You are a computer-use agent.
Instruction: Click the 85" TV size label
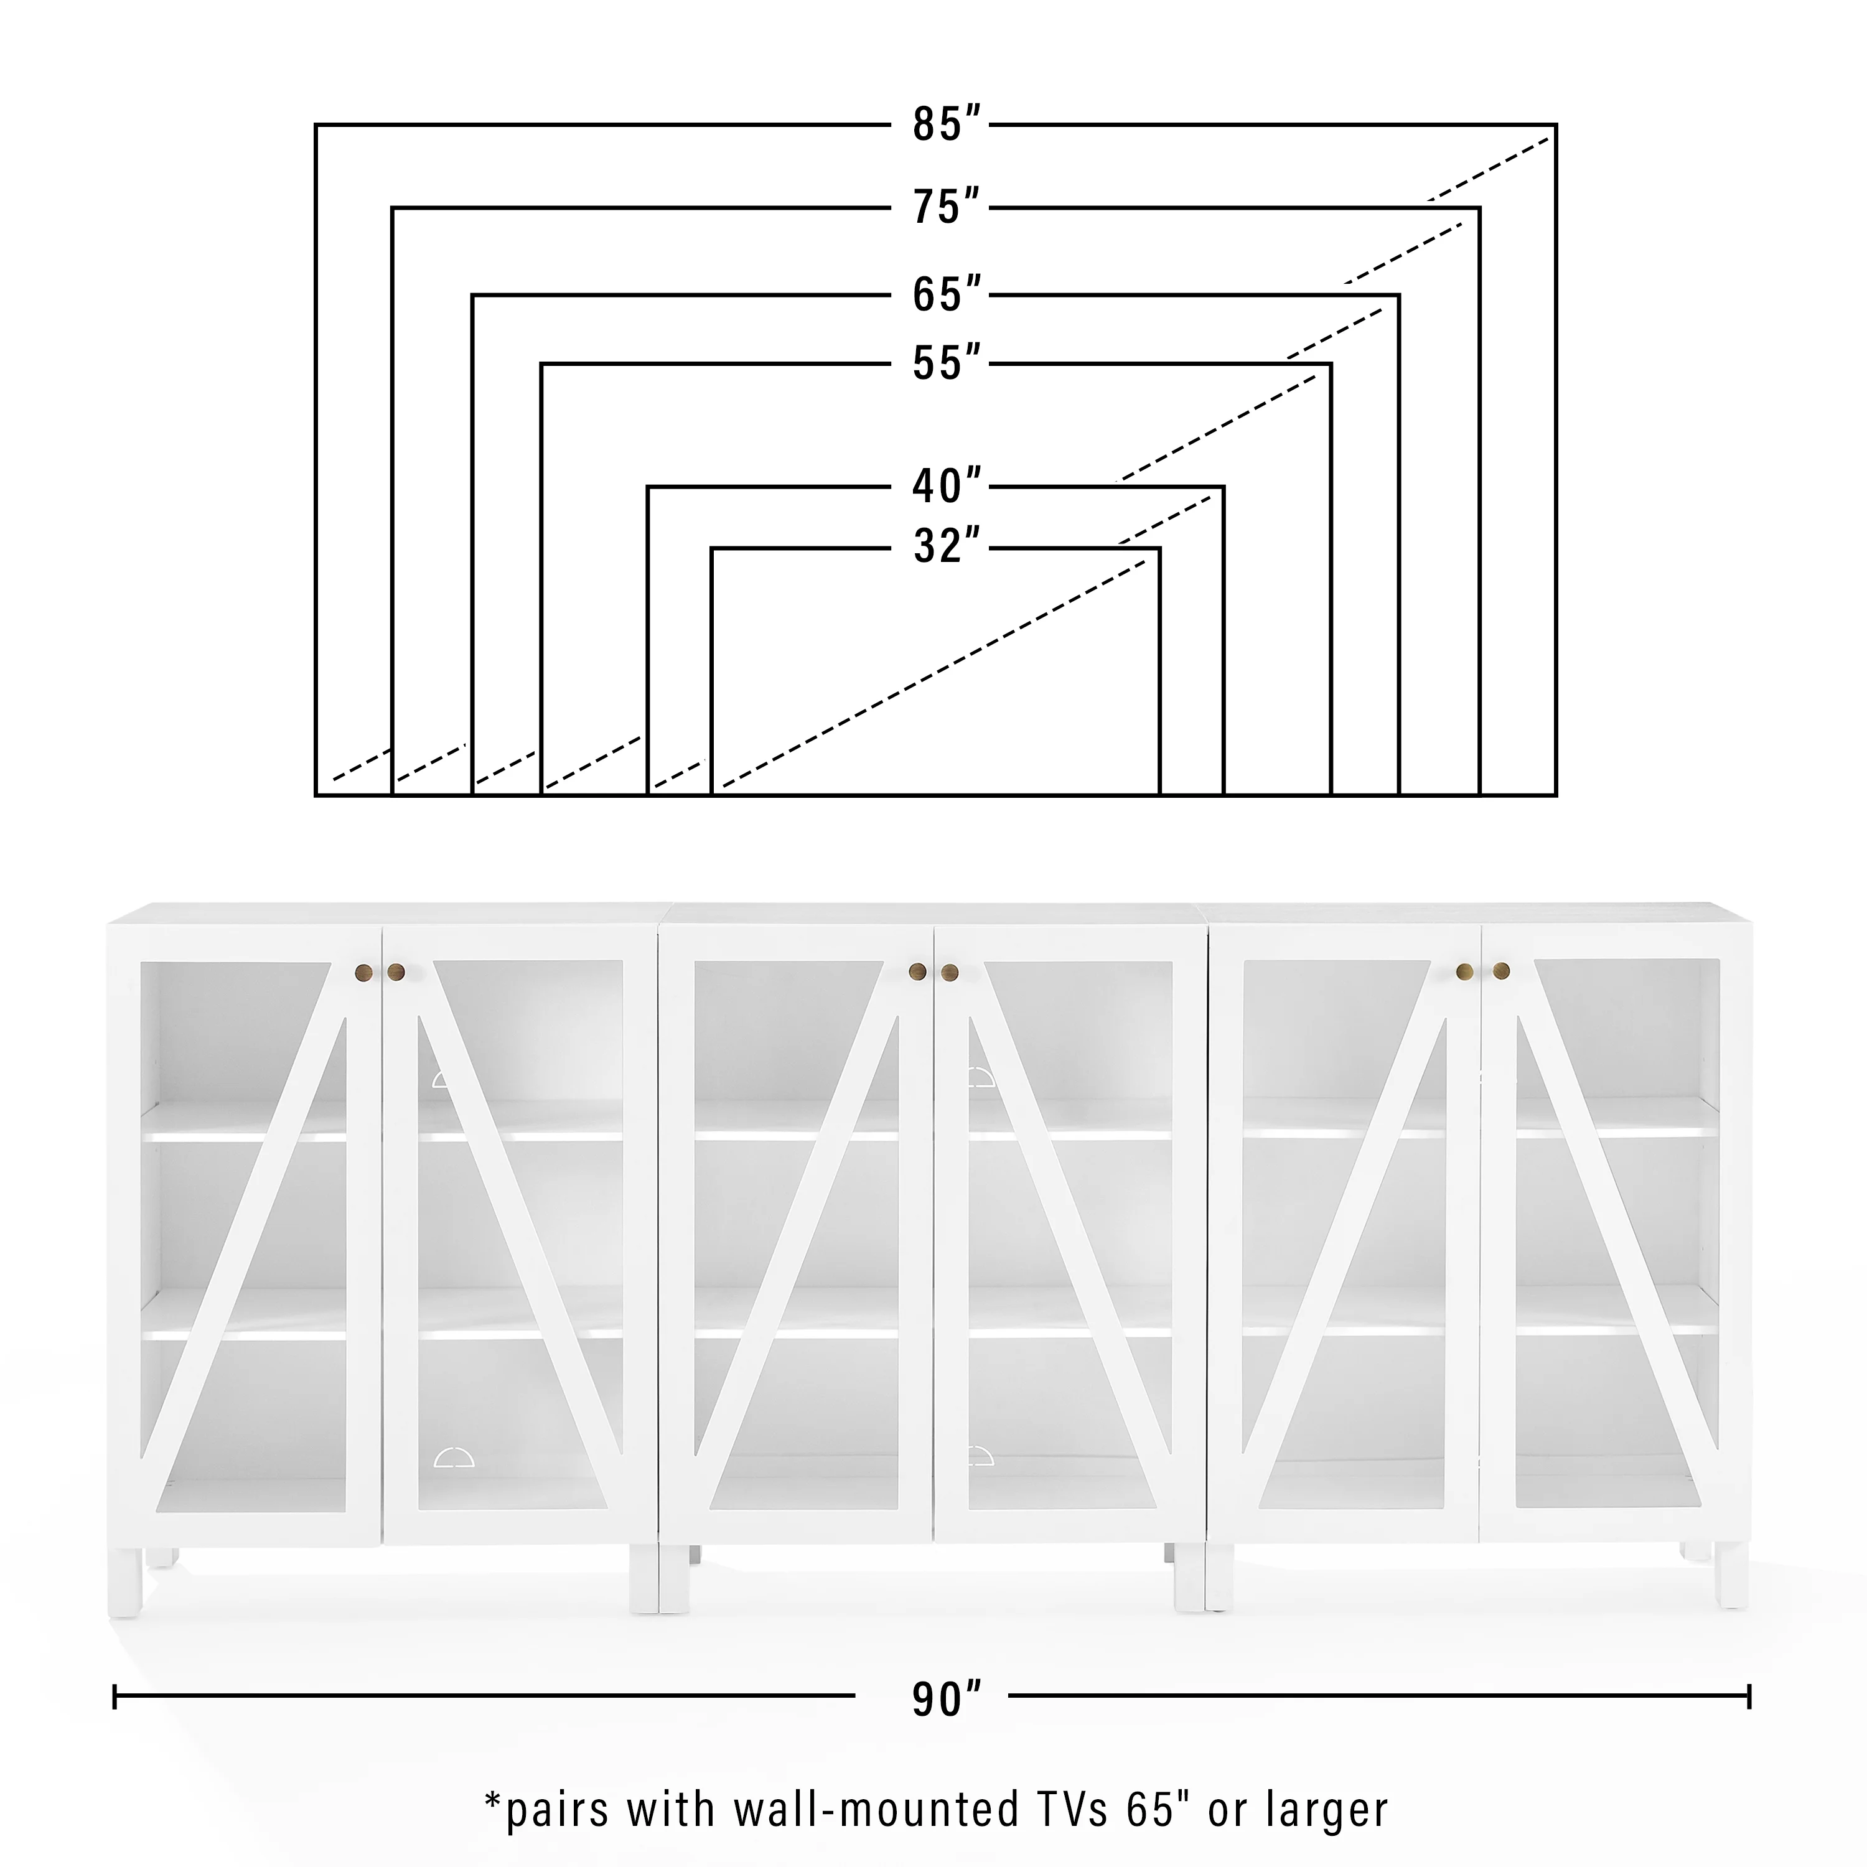coord(947,124)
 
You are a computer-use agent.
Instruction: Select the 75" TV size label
coord(947,207)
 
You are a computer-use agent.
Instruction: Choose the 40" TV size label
coord(947,485)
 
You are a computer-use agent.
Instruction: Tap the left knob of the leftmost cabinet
coord(364,971)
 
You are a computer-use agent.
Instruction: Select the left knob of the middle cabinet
coord(917,971)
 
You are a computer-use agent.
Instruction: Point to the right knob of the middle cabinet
coord(950,971)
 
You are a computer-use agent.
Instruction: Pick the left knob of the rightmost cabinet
coord(1465,970)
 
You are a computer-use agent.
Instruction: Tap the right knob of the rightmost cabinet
coord(1500,970)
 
